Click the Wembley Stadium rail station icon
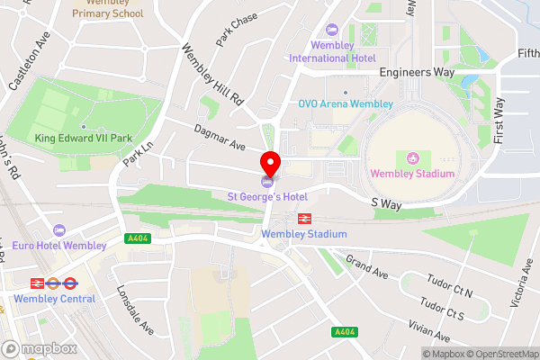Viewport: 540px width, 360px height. pos(304,218)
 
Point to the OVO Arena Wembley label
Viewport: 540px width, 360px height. pos(346,103)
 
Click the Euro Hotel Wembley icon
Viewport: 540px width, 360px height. pos(60,229)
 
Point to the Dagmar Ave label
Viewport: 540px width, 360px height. pos(220,137)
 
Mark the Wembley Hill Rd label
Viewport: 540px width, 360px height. pos(212,72)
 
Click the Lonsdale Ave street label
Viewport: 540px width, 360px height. pos(135,310)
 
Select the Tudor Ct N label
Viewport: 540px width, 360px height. pos(450,292)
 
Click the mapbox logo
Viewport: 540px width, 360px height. pos(40,347)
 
